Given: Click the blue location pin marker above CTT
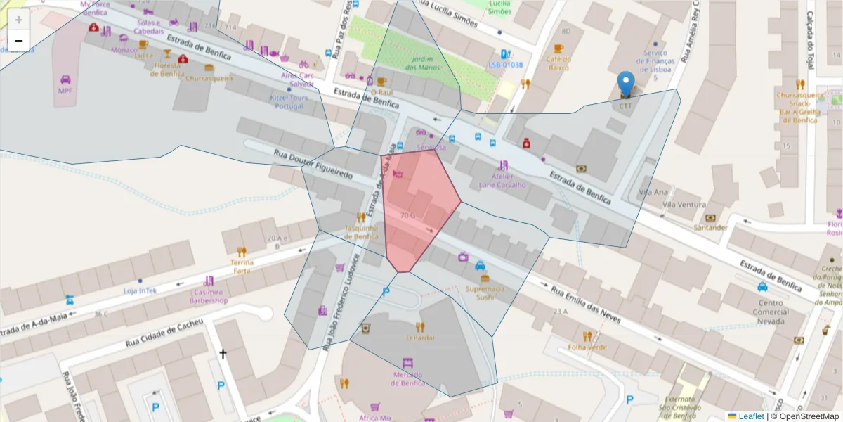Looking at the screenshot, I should (625, 83).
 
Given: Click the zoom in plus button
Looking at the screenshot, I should (19, 20).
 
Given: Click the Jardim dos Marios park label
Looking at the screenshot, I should (421, 63).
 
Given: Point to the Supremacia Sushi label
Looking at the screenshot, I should (485, 293).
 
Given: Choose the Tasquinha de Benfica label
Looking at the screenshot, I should (362, 232).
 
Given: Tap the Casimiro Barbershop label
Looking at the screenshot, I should (209, 296).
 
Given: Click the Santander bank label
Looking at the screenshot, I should (710, 227).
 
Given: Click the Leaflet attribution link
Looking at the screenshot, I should (750, 416).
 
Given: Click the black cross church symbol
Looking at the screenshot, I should (223, 354).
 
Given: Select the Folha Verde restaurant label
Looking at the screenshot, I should (588, 347).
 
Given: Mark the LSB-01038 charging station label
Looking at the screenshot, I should (506, 65).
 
